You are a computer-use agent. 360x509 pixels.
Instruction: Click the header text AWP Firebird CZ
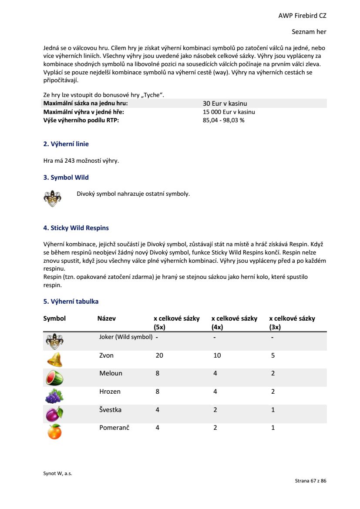pyautogui.click(x=302, y=16)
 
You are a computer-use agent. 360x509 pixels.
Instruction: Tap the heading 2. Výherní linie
pyautogui.click(x=66, y=144)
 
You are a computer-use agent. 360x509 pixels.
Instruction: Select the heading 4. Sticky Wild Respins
pyautogui.click(x=76, y=228)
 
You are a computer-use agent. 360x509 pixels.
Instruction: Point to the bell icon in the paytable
pyautogui.click(x=54, y=359)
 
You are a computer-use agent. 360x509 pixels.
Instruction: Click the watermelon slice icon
pyautogui.click(x=54, y=378)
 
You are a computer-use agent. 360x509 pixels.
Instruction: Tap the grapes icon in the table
pyautogui.click(x=54, y=396)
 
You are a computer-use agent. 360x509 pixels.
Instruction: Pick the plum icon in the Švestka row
pyautogui.click(x=54, y=414)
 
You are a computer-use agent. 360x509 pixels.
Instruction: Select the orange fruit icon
pyautogui.click(x=54, y=432)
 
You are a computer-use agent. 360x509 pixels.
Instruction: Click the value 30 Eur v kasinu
pyautogui.click(x=225, y=104)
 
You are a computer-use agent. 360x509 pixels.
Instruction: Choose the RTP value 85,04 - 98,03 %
pyautogui.click(x=223, y=121)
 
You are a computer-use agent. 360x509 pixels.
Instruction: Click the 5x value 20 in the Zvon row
pyautogui.click(x=159, y=355)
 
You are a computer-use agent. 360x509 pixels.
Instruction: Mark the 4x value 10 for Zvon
pyautogui.click(x=217, y=355)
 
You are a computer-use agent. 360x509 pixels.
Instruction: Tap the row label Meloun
pyautogui.click(x=111, y=373)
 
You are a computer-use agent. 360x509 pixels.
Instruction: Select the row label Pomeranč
pyautogui.click(x=114, y=428)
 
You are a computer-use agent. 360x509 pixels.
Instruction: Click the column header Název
pyautogui.click(x=107, y=318)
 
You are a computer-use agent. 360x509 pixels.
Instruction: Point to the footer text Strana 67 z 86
pyautogui.click(x=310, y=481)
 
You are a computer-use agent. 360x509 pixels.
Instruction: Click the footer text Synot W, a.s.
pyautogui.click(x=57, y=474)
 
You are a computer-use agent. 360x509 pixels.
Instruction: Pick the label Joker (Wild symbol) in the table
pyautogui.click(x=126, y=337)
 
